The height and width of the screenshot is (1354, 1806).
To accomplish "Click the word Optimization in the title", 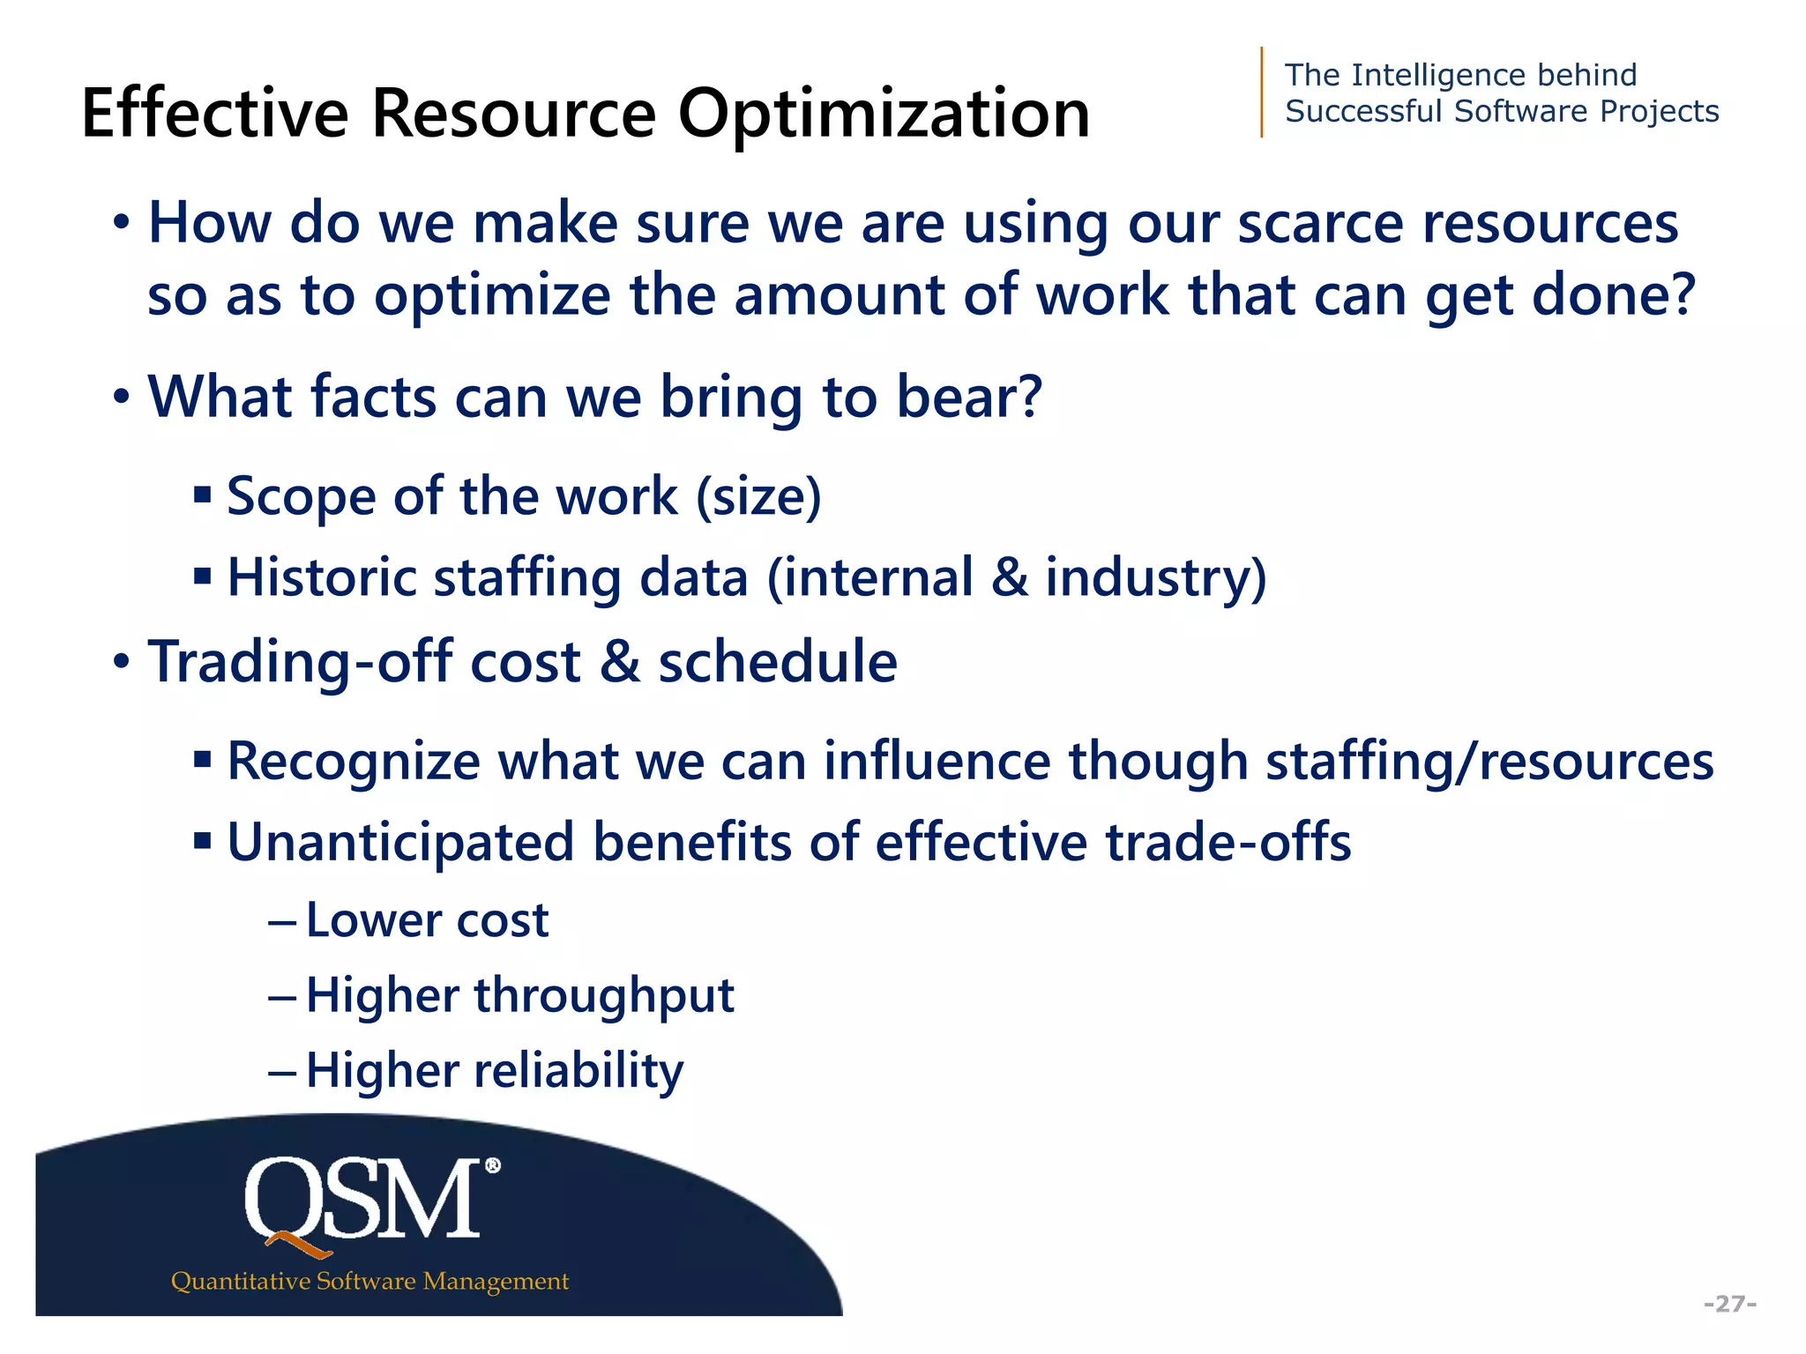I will [884, 115].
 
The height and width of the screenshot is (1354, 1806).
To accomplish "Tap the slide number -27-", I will [1730, 1304].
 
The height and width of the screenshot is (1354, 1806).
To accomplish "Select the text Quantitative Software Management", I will [369, 1281].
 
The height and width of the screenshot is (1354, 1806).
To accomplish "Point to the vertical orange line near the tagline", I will [1262, 93].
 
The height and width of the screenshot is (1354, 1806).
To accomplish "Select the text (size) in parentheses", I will [758, 496].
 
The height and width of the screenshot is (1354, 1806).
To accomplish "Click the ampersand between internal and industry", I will [1010, 577].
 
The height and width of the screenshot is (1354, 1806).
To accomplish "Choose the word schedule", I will [778, 662].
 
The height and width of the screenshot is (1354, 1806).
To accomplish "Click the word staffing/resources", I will [1489, 761].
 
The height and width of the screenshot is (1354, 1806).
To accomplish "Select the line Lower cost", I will [427, 921].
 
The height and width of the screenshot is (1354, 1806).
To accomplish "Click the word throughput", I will [604, 996].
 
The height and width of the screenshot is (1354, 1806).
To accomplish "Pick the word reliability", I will [578, 1071].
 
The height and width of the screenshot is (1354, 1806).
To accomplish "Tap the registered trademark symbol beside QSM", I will [493, 1166].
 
